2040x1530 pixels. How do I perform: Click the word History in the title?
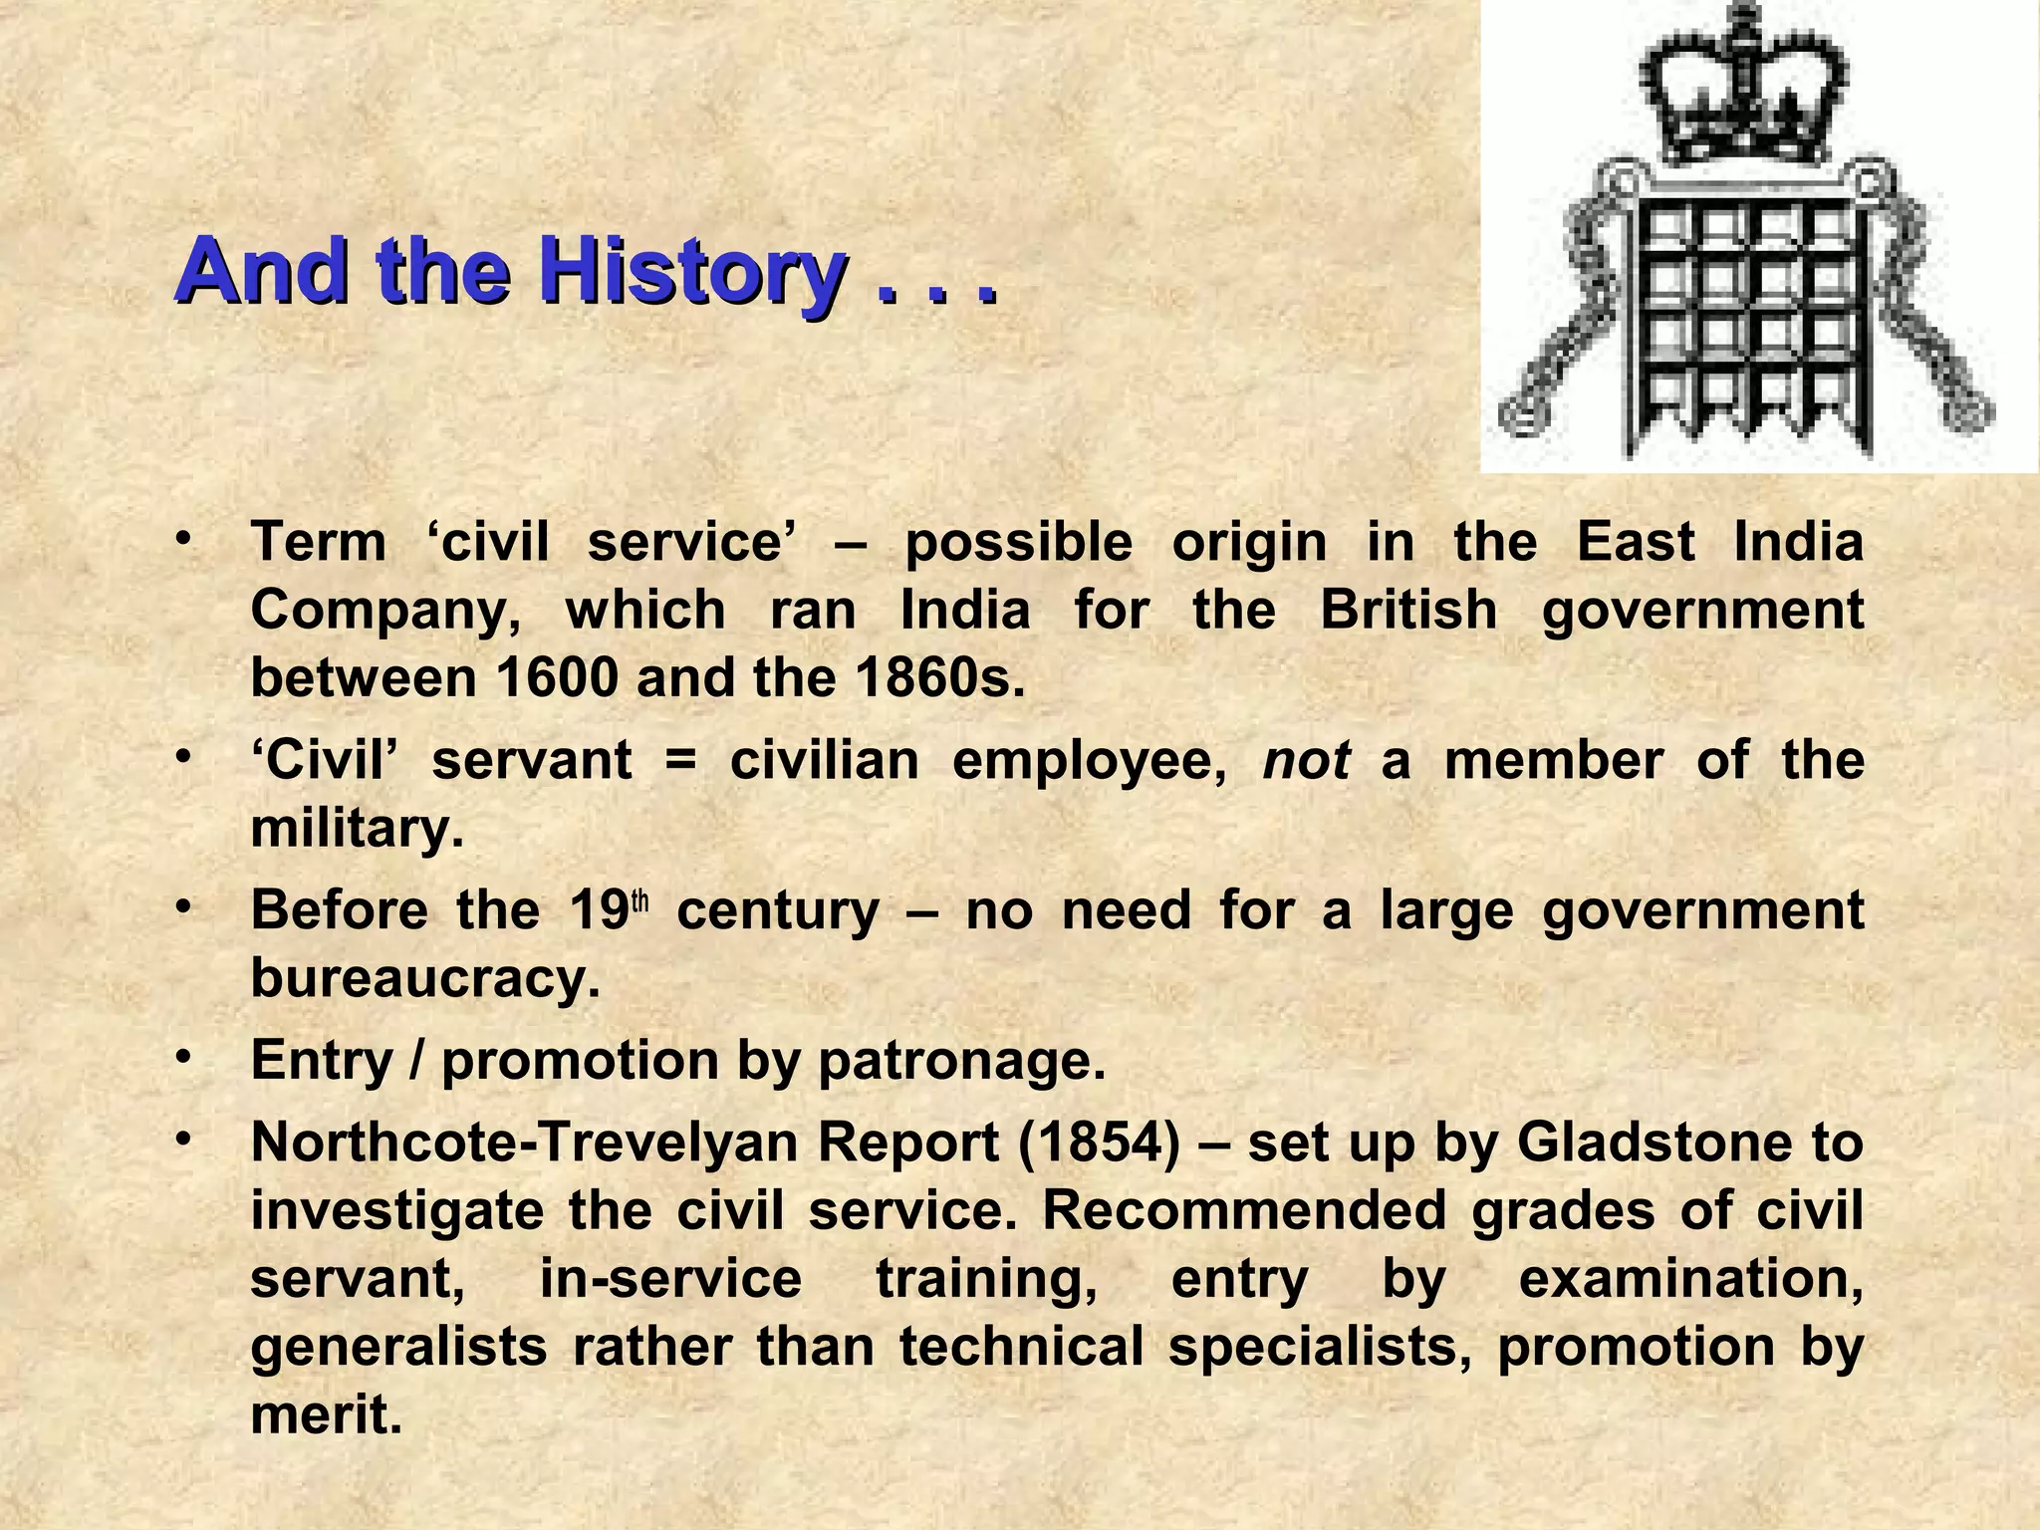[693, 272]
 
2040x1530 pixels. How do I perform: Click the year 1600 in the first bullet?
[557, 678]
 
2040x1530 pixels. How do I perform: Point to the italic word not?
[1306, 762]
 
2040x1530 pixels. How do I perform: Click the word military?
[357, 829]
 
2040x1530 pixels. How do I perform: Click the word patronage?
[961, 1060]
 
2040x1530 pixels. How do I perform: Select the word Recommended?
[1244, 1210]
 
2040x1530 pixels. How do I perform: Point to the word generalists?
[398, 1347]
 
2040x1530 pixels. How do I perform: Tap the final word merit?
[326, 1414]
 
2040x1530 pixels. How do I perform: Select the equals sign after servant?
[680, 762]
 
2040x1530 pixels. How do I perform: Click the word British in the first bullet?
[1408, 610]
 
